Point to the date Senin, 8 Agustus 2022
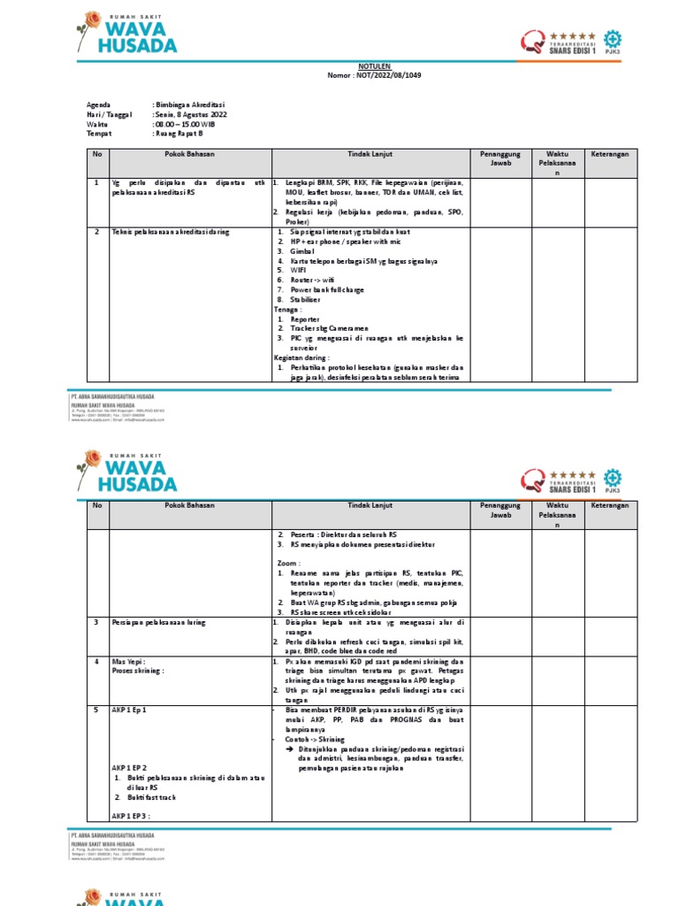click(191, 115)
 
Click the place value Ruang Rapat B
click(180, 134)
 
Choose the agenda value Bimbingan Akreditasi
click(190, 104)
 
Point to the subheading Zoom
click(288, 562)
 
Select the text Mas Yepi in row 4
click(127, 661)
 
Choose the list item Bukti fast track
click(149, 797)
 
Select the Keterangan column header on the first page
click(610, 154)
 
